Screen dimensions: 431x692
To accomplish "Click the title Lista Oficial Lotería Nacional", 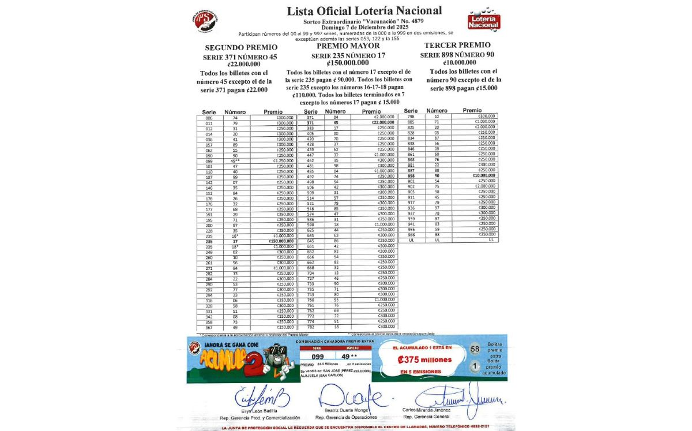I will (364, 10).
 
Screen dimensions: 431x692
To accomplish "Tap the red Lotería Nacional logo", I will (483, 20).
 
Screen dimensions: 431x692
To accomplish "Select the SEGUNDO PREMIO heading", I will (241, 47).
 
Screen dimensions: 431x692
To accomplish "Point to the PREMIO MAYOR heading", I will (348, 46).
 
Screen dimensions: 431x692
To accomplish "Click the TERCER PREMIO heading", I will (457, 45).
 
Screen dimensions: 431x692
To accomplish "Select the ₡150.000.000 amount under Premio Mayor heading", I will (348, 63).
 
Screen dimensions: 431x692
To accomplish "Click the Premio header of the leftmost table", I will (273, 112).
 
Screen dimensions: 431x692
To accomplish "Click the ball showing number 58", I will (475, 349).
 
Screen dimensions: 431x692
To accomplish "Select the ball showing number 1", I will (475, 366).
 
